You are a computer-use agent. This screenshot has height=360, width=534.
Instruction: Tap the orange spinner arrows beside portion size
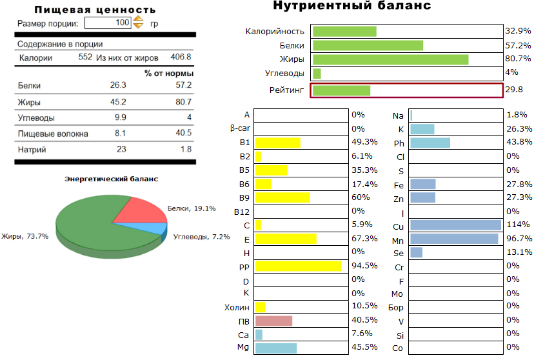[138, 23]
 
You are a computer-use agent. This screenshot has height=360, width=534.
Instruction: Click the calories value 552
[86, 57]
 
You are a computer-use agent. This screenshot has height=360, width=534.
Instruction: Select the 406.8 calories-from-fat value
[181, 57]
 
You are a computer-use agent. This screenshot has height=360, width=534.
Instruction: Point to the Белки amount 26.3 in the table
[118, 85]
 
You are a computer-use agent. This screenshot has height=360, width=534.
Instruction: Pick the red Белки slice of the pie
[141, 208]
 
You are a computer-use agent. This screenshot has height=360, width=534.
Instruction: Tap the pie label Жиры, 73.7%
[25, 236]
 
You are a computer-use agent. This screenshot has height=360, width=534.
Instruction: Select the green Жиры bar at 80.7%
[390, 59]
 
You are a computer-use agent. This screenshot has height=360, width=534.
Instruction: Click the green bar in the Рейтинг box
[341, 90]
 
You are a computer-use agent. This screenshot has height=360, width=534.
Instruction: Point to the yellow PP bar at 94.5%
[298, 266]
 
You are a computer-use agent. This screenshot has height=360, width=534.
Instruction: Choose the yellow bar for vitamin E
[286, 239]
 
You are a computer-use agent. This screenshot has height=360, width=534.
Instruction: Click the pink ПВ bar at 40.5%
[273, 321]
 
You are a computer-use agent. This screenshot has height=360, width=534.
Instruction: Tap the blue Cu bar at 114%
[455, 225]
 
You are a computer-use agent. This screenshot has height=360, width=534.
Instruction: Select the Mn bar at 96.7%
[454, 239]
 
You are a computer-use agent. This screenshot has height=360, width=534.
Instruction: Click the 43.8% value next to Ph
[519, 142]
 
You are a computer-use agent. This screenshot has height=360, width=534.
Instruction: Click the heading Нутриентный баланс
[352, 6]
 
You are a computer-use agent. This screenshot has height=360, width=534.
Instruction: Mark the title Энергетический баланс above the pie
[111, 179]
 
